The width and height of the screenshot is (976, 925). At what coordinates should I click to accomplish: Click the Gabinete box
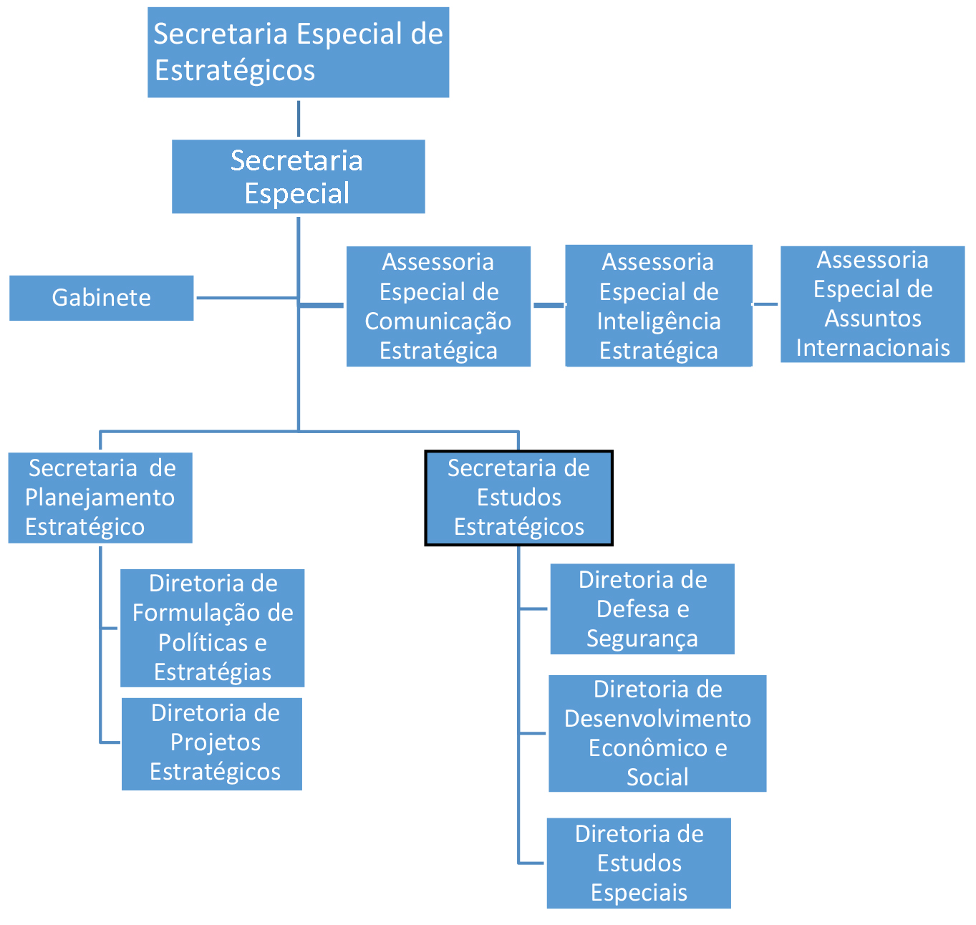(101, 298)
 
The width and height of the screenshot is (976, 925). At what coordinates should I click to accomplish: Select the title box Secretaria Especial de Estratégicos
(298, 52)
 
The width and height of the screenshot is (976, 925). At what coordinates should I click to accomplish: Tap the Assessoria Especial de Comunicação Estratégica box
(438, 306)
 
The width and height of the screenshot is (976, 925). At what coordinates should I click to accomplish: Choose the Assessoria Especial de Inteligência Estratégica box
(658, 306)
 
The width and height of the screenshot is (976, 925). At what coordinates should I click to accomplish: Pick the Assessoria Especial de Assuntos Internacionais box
(872, 304)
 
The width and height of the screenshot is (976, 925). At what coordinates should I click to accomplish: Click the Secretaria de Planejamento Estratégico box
(100, 498)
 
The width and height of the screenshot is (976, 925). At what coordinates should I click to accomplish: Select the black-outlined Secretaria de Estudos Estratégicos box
(518, 498)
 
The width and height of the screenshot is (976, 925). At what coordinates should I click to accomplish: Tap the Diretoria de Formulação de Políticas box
(212, 628)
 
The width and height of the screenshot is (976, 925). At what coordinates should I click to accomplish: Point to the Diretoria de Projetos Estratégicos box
(212, 743)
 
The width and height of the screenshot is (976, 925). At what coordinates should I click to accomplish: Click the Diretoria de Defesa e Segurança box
(642, 609)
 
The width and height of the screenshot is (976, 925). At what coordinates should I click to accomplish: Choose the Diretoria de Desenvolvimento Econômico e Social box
(657, 733)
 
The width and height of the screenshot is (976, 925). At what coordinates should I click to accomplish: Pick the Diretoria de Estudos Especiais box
(639, 863)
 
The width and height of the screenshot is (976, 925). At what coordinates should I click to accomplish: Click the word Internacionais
(872, 348)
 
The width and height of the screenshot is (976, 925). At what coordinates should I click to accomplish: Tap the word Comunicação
(438, 321)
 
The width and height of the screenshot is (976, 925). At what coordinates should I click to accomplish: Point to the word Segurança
(642, 639)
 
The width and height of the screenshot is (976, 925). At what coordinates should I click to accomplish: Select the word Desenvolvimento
(657, 719)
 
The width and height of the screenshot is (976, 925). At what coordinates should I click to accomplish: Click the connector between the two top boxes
(298, 119)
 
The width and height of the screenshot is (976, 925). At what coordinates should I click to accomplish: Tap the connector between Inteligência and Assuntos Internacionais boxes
(765, 304)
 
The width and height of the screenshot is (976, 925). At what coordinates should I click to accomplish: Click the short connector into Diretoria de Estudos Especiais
(532, 863)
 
